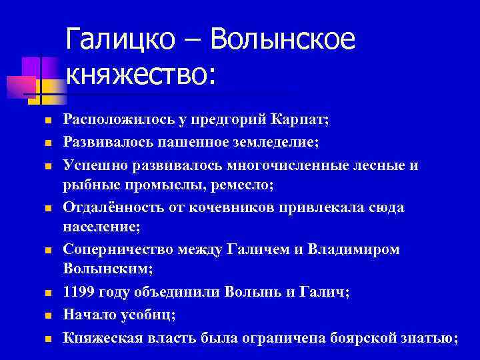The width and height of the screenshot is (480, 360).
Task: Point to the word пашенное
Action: [x=214, y=141]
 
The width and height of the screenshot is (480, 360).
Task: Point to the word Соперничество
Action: [x=117, y=249]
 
